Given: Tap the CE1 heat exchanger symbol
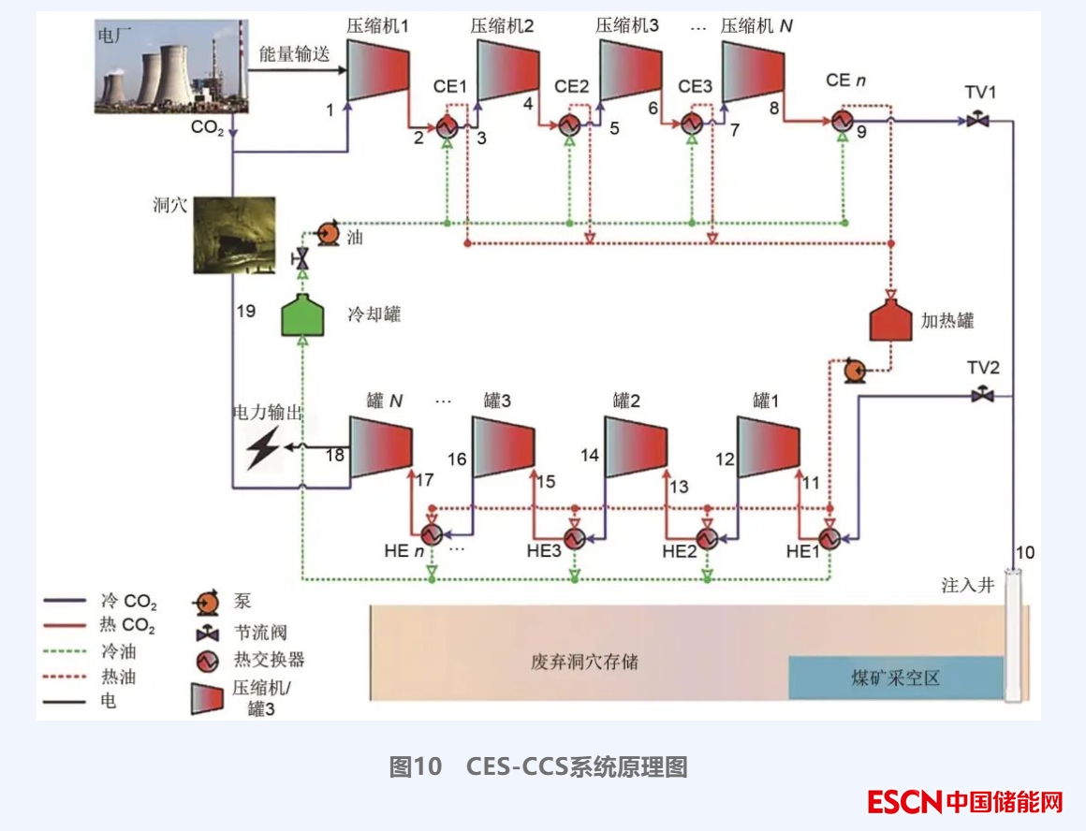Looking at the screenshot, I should click(x=447, y=124).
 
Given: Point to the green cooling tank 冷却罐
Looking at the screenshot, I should click(x=303, y=315).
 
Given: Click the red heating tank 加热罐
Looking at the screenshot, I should click(x=890, y=318).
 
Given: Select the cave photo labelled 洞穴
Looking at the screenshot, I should click(x=234, y=234).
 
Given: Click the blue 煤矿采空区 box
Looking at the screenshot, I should click(x=895, y=678).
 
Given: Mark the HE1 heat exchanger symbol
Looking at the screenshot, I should click(x=829, y=537).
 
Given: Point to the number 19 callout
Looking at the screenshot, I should click(x=246, y=311).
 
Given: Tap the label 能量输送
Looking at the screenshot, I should click(x=294, y=54).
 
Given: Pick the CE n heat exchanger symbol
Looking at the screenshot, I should click(x=842, y=122).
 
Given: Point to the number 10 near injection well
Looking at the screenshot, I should click(x=1026, y=552).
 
